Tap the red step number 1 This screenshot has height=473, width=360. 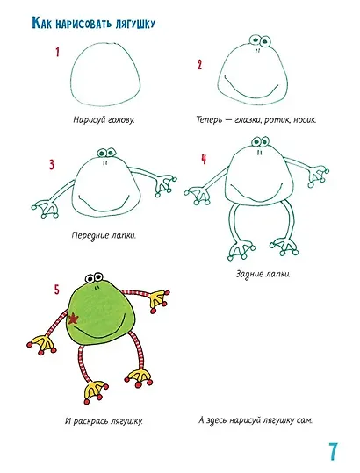coord(57,52)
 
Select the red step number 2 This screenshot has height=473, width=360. coord(199,65)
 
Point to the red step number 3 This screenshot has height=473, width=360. coord(52,165)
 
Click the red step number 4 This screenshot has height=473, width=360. coord(204,160)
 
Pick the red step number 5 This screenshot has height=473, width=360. coord(57,290)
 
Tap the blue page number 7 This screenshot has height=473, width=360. coord(333,452)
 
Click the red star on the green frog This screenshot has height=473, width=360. coord(73,319)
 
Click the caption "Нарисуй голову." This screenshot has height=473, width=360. coord(104,119)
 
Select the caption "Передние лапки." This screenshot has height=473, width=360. coord(104,235)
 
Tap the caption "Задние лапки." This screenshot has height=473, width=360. coord(263,274)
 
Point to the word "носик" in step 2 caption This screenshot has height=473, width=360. coord(304,120)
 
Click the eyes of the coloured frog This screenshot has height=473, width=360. coord(94,277)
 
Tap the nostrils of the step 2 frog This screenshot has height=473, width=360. coord(257,51)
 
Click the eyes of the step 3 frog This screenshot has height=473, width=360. coord(106,153)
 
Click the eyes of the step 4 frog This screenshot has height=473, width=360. coord(260,141)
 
